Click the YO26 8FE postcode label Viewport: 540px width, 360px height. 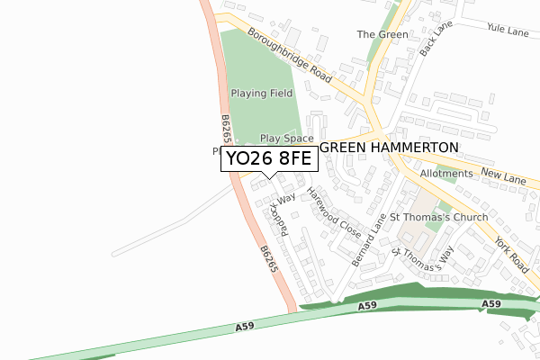click(x=267, y=159)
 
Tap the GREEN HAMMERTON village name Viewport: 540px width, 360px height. click(x=390, y=147)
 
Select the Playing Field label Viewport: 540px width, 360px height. click(x=261, y=93)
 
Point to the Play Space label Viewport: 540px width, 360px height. click(x=286, y=139)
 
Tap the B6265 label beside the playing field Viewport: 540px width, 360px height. click(x=224, y=131)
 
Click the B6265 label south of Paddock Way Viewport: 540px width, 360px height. click(x=267, y=260)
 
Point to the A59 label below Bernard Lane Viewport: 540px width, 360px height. click(x=366, y=308)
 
